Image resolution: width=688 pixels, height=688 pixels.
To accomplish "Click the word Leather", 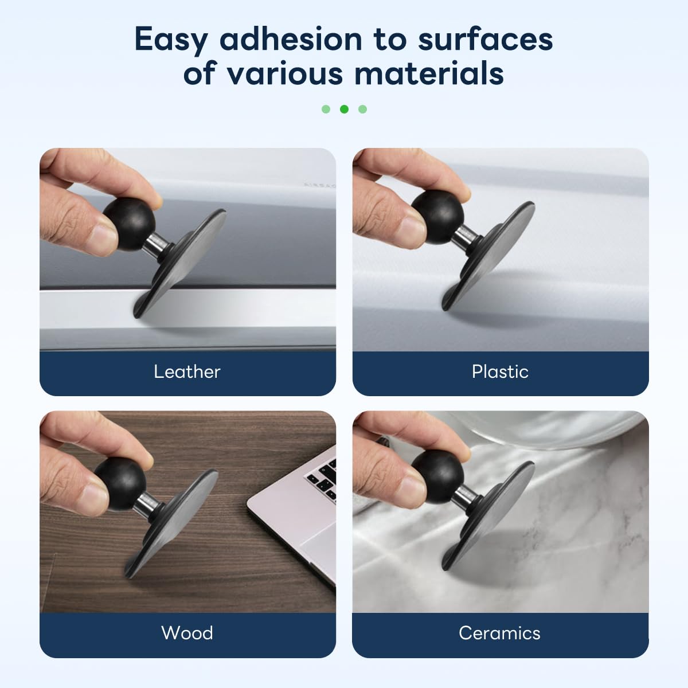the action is (187, 372).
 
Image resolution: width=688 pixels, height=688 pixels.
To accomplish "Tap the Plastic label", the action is (500, 372).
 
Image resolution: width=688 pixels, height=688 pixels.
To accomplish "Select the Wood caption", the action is (187, 633).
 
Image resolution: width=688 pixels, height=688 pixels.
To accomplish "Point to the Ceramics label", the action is (499, 633).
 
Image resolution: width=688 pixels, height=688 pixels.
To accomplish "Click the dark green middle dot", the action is (344, 110).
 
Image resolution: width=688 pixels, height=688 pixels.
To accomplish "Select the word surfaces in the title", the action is (485, 40).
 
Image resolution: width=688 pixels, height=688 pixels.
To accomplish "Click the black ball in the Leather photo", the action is (129, 224).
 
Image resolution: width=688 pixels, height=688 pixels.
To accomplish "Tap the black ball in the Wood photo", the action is (120, 484).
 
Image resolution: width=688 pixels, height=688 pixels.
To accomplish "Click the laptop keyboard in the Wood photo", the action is (323, 479).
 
